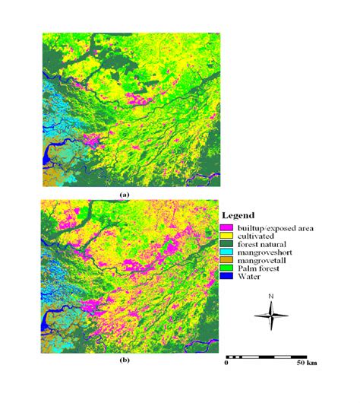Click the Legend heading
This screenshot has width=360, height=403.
click(x=241, y=215)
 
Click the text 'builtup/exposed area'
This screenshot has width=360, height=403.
click(x=276, y=227)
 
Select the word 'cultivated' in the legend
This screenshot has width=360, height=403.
click(x=256, y=235)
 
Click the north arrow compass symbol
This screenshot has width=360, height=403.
click(x=271, y=313)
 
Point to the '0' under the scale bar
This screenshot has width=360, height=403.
click(x=226, y=364)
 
